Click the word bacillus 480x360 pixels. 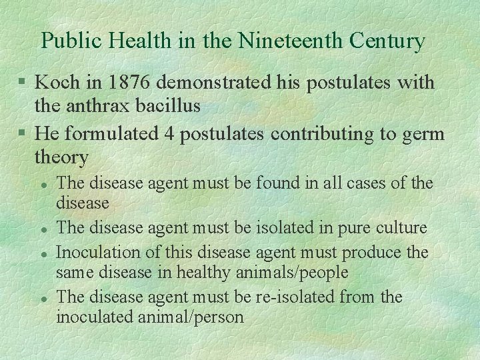click(x=178, y=105)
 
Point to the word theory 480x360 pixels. click(x=61, y=157)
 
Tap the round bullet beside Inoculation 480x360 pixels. click(x=43, y=253)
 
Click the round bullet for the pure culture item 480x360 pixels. click(x=43, y=229)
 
